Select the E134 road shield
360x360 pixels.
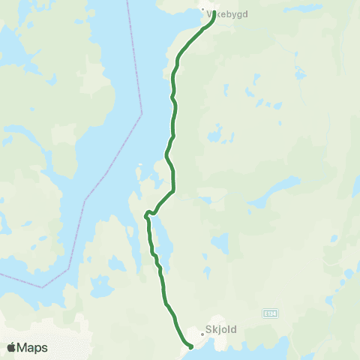[270, 310]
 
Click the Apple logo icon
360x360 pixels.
[11, 347]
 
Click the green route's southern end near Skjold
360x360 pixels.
[190, 346]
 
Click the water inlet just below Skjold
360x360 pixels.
[240, 349]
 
